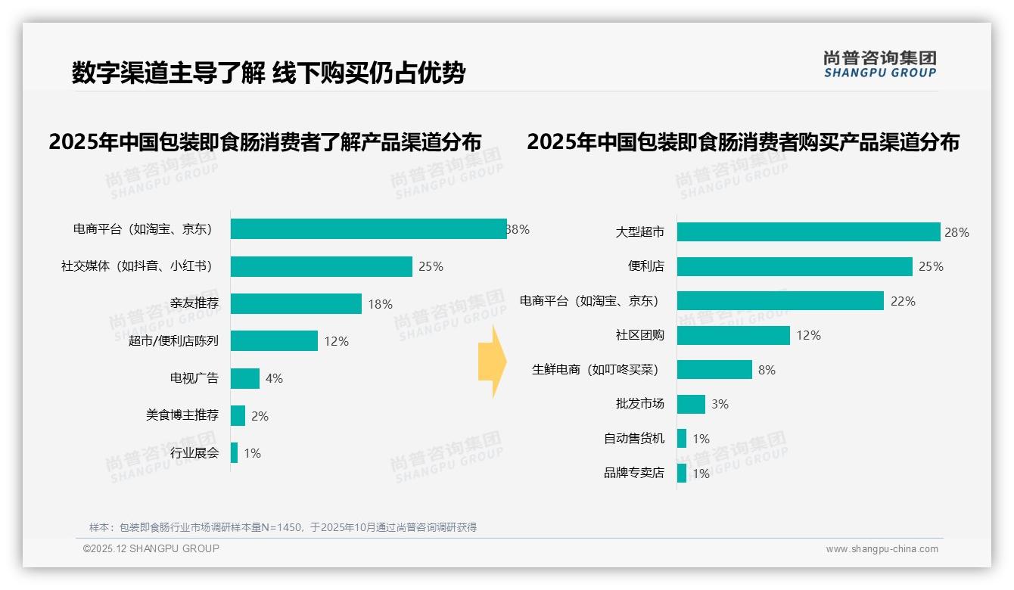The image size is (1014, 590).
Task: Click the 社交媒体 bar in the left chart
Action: (x=322, y=266)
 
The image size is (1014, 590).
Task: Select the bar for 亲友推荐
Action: (x=296, y=303)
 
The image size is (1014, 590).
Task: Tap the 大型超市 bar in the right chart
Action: (x=808, y=232)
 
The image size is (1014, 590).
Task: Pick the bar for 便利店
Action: (x=795, y=266)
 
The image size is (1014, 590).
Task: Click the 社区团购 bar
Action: (x=733, y=335)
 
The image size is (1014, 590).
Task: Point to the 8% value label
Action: (x=767, y=370)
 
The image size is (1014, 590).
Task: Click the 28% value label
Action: (x=956, y=232)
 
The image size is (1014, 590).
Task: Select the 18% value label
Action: (x=380, y=304)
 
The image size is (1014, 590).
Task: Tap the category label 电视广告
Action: (x=194, y=378)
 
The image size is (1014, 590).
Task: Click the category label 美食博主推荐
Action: (x=182, y=415)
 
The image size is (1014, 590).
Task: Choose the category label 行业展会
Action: (x=194, y=453)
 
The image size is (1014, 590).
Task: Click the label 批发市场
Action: (x=639, y=404)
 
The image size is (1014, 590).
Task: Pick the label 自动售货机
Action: (x=633, y=438)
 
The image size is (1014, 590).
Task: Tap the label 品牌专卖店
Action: (x=633, y=473)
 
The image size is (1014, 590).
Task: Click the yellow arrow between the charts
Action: (x=492, y=362)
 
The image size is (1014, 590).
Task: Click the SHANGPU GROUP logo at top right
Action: (x=879, y=64)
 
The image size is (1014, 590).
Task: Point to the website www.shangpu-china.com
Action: (x=882, y=549)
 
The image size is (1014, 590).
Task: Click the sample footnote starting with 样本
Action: (x=283, y=527)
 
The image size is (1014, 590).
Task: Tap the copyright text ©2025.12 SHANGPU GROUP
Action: (x=151, y=548)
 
